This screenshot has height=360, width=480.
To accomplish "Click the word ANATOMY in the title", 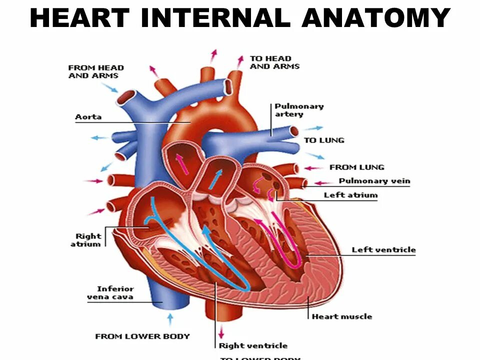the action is pyautogui.click(x=376, y=18).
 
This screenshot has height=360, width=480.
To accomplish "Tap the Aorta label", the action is pyautogui.click(x=88, y=117).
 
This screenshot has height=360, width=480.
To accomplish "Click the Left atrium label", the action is pyautogui.click(x=350, y=195).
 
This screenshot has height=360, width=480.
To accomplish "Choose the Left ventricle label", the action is pyautogui.click(x=383, y=249).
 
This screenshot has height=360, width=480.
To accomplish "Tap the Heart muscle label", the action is pyautogui.click(x=342, y=316).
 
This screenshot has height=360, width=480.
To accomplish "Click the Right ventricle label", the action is pyautogui.click(x=253, y=345).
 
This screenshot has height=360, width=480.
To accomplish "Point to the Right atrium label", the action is pyautogui.click(x=88, y=240).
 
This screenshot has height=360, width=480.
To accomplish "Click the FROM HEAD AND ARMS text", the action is pyautogui.click(x=96, y=71).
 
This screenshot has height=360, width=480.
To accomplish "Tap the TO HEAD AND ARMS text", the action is pyautogui.click(x=274, y=62).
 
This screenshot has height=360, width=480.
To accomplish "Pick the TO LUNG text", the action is pyautogui.click(x=324, y=140).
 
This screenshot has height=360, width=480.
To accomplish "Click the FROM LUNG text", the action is pyautogui.click(x=356, y=167).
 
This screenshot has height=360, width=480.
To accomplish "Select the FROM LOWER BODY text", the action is pyautogui.click(x=142, y=336).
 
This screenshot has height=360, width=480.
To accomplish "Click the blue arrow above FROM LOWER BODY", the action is pyautogui.click(x=170, y=318).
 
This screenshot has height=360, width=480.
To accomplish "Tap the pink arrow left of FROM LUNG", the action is pyautogui.click(x=314, y=168).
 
